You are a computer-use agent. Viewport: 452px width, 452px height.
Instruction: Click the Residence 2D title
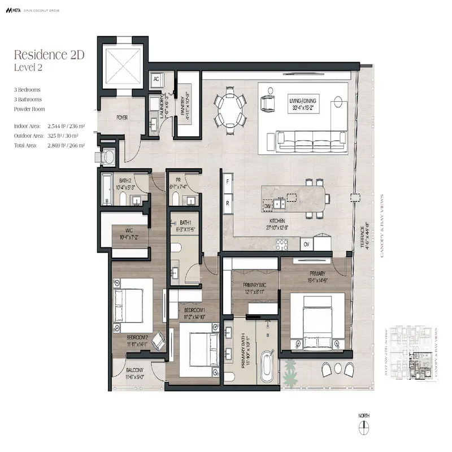pos(49,55)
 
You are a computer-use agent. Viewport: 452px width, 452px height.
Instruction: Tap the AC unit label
pos(157,80)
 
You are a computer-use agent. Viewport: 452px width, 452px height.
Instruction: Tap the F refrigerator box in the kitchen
pos(228,182)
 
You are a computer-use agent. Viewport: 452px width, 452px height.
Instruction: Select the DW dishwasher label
pos(267,206)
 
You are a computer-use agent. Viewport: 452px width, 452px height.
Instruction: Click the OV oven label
pos(306,245)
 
